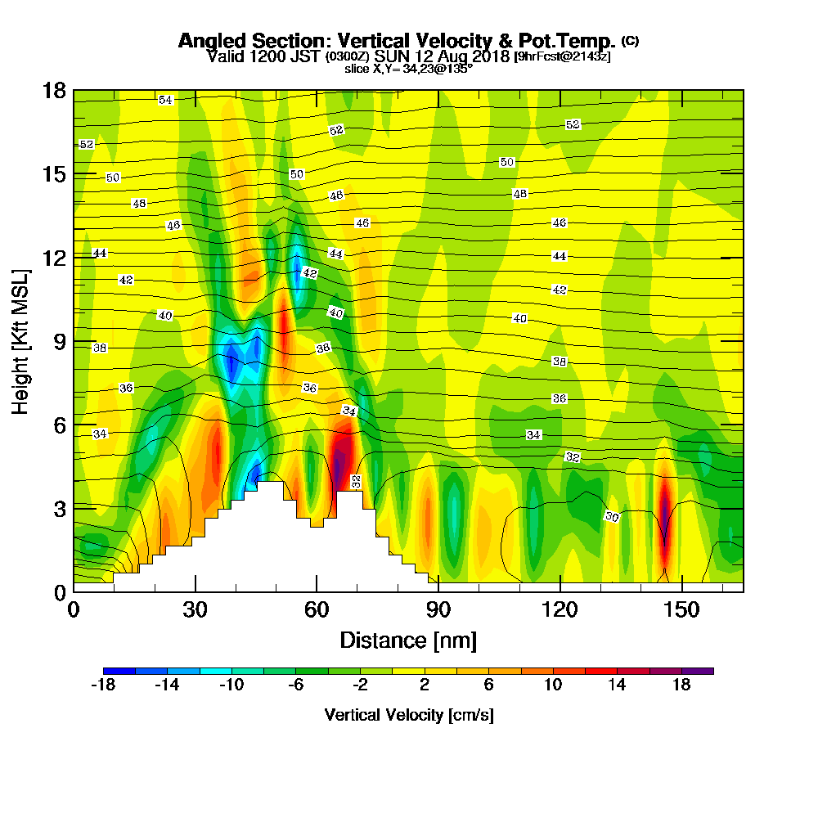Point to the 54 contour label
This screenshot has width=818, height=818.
166,100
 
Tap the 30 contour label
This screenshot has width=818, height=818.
612,516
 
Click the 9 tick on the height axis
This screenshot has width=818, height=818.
59,341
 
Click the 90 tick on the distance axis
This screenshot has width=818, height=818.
438,610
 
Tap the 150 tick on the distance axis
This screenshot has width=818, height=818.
681,610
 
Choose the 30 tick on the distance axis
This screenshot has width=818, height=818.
195,610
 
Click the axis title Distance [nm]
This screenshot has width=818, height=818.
407,640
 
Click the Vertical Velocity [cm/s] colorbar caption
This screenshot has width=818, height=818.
408,715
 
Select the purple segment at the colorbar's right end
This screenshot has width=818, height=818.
698,671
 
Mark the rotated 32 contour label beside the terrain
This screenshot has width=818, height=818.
356,482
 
